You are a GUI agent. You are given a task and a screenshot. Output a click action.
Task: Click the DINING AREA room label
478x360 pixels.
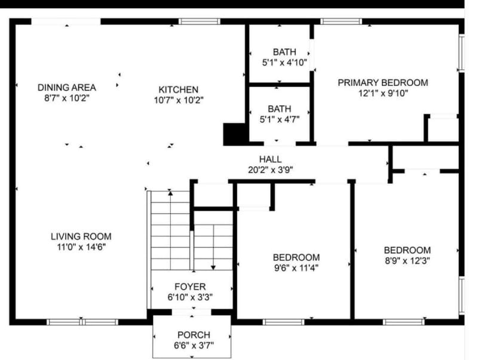(x=66, y=87)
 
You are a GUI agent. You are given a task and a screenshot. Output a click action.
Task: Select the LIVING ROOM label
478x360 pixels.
(x=81, y=236)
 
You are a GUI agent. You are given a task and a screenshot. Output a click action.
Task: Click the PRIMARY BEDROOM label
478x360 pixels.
(x=383, y=82)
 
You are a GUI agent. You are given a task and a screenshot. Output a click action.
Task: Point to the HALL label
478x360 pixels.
(x=271, y=159)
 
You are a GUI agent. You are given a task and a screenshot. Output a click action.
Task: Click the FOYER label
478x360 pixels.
(x=190, y=287)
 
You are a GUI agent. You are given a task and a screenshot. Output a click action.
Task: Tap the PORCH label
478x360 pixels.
(x=194, y=335)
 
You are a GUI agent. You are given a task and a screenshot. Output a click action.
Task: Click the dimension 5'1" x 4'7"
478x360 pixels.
(x=280, y=119)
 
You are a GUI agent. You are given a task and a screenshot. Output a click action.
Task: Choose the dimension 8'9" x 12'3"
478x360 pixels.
(x=407, y=260)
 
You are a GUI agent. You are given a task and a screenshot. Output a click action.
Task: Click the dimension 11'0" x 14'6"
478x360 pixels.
(x=81, y=246)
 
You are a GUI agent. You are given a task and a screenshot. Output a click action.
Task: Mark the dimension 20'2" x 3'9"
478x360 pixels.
(x=271, y=169)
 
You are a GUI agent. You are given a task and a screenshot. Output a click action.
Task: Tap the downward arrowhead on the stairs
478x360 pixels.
(x=213, y=267)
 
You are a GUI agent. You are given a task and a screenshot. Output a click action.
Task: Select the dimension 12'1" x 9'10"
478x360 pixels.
(x=383, y=93)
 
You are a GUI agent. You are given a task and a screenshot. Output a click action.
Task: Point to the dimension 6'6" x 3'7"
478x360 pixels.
(x=194, y=345)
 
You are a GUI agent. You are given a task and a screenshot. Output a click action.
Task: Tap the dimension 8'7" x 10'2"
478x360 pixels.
(x=66, y=97)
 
